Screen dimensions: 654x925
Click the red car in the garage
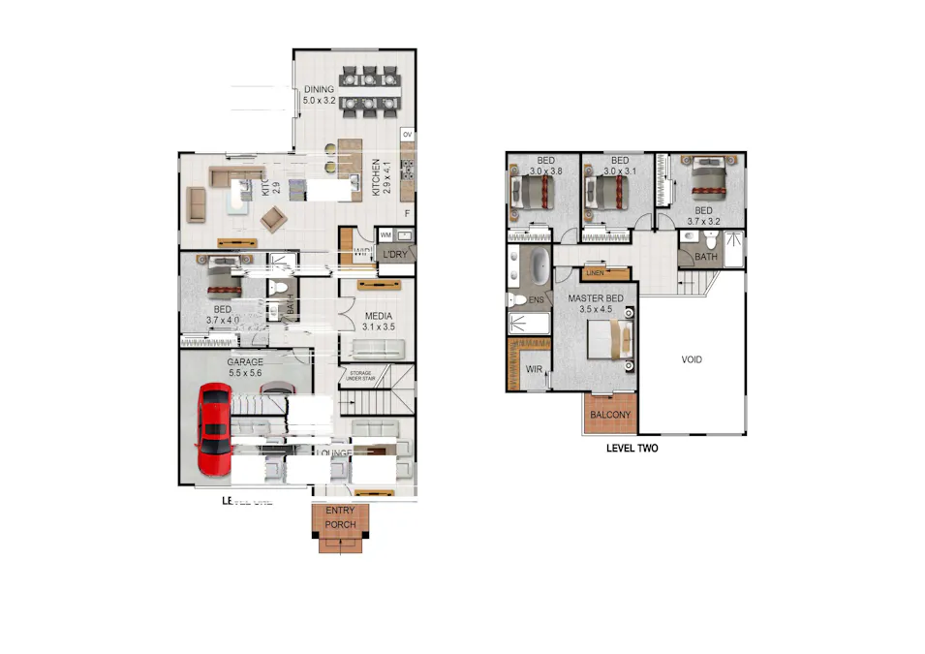pos(214,431)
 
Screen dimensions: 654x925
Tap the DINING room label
pos(318,89)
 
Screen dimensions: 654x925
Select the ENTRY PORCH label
pos(340,518)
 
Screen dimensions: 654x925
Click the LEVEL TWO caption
pos(632,449)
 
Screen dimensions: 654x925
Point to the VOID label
pos(691,359)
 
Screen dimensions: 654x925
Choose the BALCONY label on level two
pos(610,415)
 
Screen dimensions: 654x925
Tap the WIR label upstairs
pos(534,369)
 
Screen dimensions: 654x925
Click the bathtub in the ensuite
pos(538,265)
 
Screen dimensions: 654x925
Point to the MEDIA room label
pos(378,316)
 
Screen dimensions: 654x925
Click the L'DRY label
pos(394,254)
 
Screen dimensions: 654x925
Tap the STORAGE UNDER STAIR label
pos(361,375)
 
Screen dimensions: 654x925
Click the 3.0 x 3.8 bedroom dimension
pos(545,171)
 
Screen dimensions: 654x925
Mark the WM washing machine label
pos(385,234)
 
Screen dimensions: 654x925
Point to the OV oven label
pos(407,133)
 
